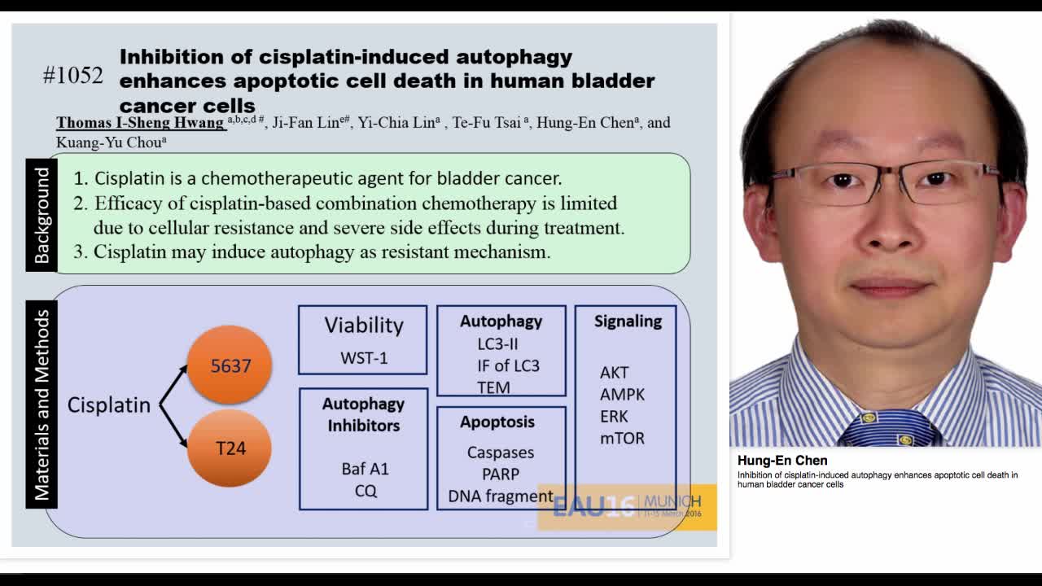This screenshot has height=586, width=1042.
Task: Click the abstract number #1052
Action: tap(73, 76)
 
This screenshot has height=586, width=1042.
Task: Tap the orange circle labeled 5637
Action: tap(230, 365)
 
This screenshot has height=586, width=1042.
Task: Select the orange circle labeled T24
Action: tap(230, 448)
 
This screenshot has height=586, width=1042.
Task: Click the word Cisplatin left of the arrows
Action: tap(108, 405)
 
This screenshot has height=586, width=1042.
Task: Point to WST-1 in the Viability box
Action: tap(363, 358)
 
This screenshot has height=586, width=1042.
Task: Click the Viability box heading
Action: tap(363, 325)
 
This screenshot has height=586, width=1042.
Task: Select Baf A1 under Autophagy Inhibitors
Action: tap(365, 469)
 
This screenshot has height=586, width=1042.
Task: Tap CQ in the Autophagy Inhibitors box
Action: tap(366, 491)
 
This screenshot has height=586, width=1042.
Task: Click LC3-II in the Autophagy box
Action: tap(497, 343)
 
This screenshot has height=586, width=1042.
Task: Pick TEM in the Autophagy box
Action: tap(493, 387)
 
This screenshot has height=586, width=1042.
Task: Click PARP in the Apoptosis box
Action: tap(500, 474)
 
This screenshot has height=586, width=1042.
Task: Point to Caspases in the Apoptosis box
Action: tap(500, 453)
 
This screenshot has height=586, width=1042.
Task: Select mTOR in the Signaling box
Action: tap(622, 438)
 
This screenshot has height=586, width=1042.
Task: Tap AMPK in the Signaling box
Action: tap(622, 394)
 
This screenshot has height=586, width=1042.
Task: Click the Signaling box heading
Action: tap(628, 321)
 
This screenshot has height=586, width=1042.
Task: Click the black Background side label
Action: tap(42, 215)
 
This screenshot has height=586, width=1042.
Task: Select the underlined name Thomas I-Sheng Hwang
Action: tap(140, 123)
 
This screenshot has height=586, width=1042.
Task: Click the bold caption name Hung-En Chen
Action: tap(782, 461)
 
